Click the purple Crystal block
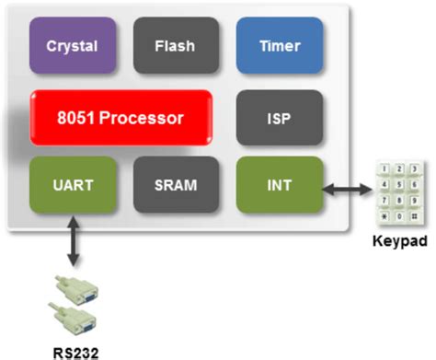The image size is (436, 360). click(72, 45)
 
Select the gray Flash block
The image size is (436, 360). click(175, 45)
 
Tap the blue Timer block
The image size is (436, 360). click(281, 45)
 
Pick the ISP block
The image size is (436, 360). click(281, 118)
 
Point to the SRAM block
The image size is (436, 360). click(175, 183)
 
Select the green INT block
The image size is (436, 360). click(281, 183)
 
